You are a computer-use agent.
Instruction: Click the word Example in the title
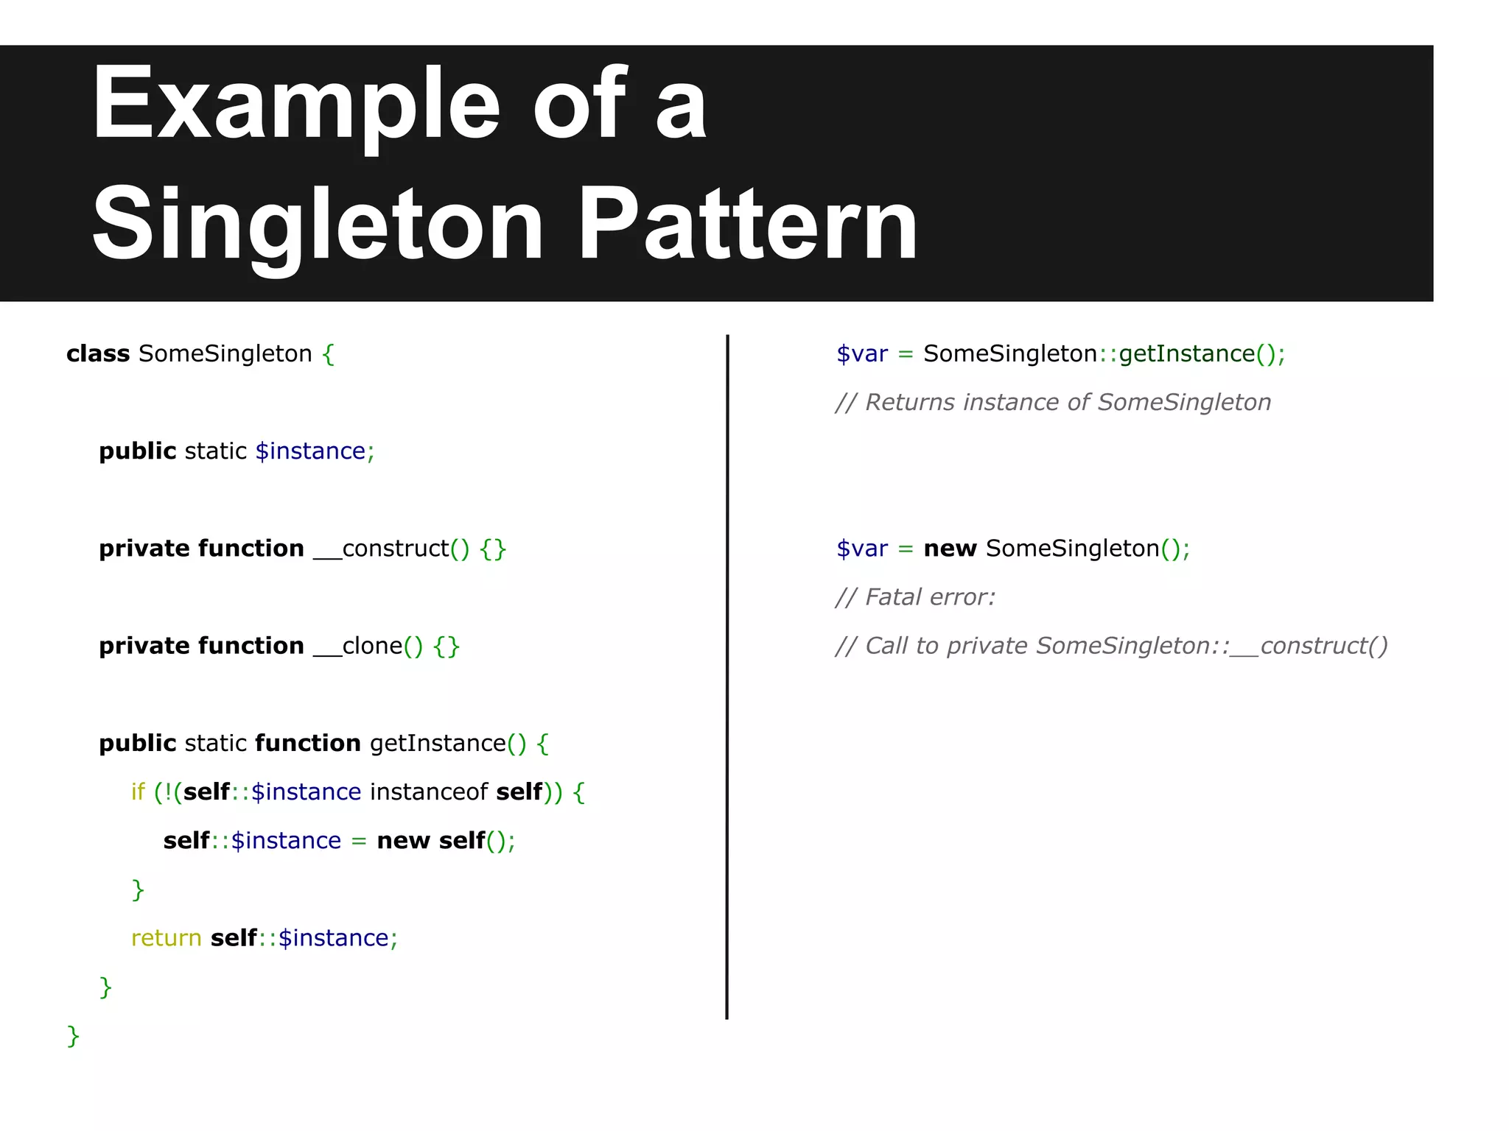pyautogui.click(x=295, y=105)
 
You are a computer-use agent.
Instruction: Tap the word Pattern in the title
pyautogui.click(x=747, y=225)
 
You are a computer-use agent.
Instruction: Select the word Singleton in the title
pyautogui.click(x=317, y=225)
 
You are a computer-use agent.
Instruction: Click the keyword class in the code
pyautogui.click(x=97, y=354)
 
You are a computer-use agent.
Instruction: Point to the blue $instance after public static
pyautogui.click(x=310, y=451)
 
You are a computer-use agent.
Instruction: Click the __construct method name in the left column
pyautogui.click(x=380, y=549)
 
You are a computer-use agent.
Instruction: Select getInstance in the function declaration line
pyautogui.click(x=438, y=744)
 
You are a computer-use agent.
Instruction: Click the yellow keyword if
pyautogui.click(x=138, y=792)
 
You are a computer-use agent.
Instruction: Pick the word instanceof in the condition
pyautogui.click(x=429, y=792)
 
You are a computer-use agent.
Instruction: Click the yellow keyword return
pyautogui.click(x=166, y=938)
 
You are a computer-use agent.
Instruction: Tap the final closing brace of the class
pyautogui.click(x=73, y=1036)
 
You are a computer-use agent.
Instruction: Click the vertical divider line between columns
pyautogui.click(x=727, y=677)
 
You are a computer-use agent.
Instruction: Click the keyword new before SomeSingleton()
pyautogui.click(x=949, y=549)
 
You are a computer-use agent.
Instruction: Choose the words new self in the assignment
pyautogui.click(x=430, y=841)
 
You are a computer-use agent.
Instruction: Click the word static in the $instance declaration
pyautogui.click(x=215, y=451)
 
